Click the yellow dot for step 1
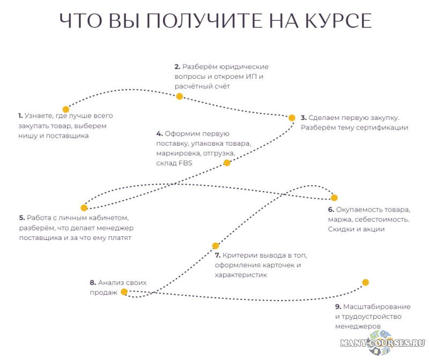pos(66,109)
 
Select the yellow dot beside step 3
pos(292,118)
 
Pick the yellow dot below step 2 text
pos(180,96)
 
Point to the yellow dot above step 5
pos(84,208)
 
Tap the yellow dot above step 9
pos(366,282)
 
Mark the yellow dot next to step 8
pos(124,292)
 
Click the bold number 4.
pos(159,133)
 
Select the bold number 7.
pos(217,255)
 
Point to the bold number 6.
pos(331,209)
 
